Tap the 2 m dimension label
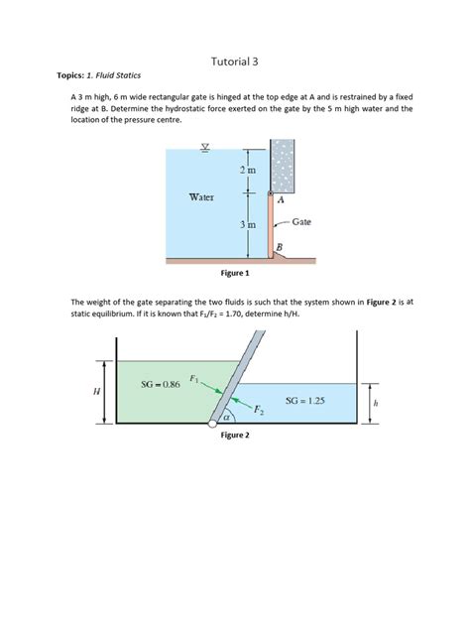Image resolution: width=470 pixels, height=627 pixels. coord(248,173)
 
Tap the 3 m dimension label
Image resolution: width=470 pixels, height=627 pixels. coord(248,226)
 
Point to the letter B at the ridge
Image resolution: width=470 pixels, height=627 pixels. coord(281,245)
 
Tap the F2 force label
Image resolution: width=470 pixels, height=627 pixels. coord(258,409)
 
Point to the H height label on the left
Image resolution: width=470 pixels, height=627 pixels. coord(96,391)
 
